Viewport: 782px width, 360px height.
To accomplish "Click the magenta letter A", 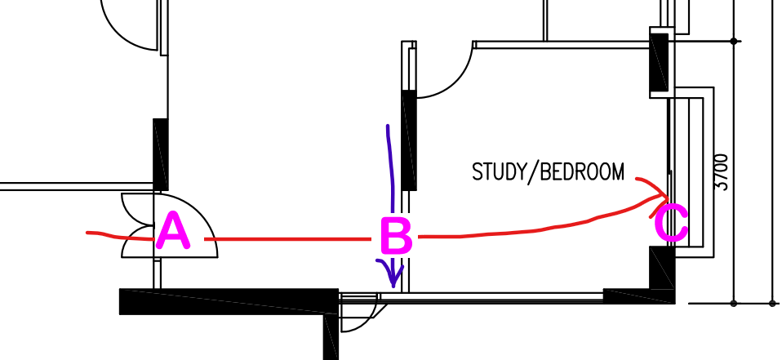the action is point(173,231).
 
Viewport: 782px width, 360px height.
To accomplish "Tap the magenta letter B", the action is point(397,235).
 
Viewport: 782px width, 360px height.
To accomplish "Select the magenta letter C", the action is point(671,224).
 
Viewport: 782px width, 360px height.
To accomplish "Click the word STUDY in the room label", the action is point(499,171).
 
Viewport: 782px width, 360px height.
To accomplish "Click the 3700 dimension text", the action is point(722,171).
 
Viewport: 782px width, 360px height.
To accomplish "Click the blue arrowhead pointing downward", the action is point(392,272).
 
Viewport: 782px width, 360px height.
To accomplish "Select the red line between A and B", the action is point(288,239).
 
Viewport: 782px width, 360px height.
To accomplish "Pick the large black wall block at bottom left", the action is point(229,302).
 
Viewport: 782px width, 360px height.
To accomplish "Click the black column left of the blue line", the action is point(409,140).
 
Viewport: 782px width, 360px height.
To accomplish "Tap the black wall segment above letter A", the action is point(160,154).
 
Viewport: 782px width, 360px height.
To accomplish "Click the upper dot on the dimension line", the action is point(734,41).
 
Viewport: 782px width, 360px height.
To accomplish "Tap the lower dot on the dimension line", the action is point(734,303).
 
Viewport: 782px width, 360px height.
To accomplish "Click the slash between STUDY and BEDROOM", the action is point(533,172).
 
